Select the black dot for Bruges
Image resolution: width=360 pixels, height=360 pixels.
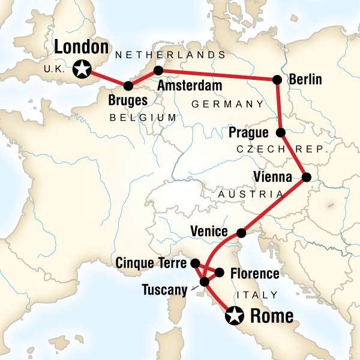(x=127, y=85)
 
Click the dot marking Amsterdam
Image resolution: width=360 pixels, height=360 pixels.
(x=158, y=70)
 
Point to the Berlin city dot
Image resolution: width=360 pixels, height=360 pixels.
(x=277, y=79)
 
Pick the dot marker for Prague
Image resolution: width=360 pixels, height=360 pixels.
(x=280, y=132)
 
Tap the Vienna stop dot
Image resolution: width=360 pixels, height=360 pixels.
(x=305, y=177)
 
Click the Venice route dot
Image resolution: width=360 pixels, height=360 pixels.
(x=241, y=232)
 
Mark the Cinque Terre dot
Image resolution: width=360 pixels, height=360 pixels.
(x=195, y=263)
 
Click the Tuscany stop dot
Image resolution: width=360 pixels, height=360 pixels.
(x=204, y=281)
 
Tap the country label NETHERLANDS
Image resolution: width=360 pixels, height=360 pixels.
(x=170, y=55)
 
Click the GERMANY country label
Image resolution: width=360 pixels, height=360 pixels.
(x=227, y=104)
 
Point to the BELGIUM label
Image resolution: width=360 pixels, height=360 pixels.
(x=143, y=118)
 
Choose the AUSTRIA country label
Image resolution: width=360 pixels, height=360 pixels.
(x=251, y=194)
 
